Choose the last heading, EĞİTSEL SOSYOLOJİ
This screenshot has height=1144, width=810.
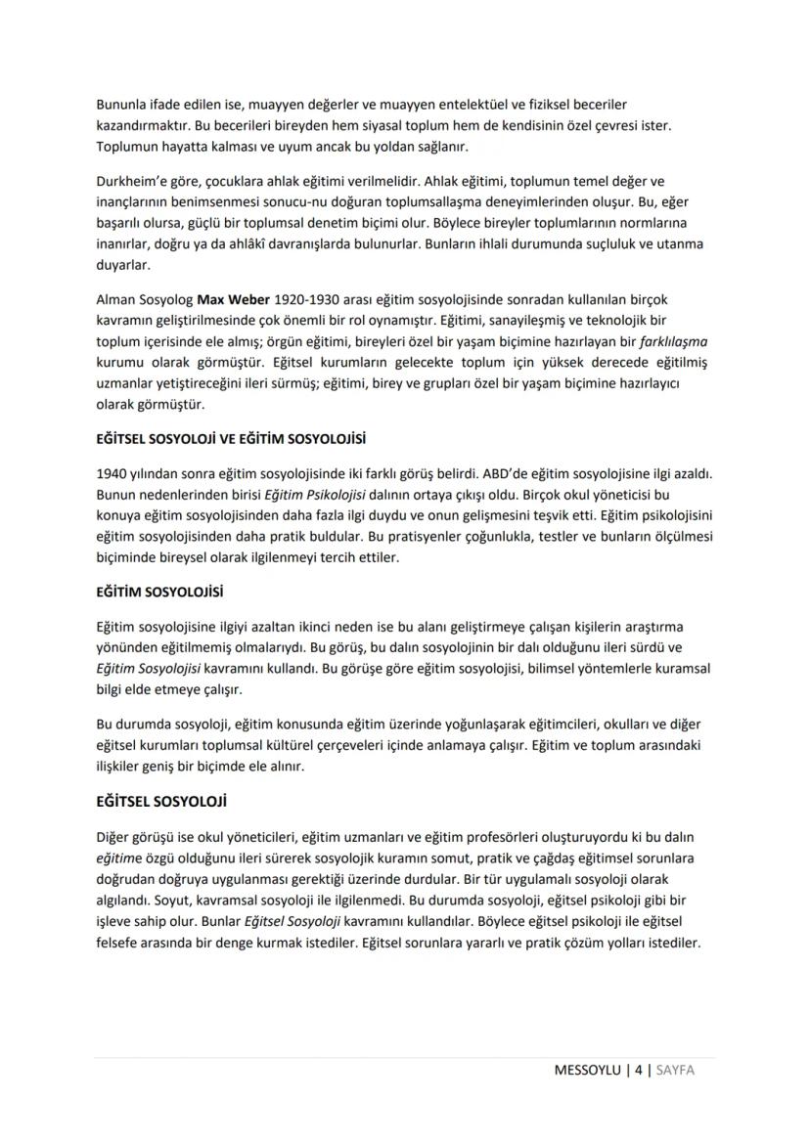pos(161,802)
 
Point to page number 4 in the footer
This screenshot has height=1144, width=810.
pos(640,1069)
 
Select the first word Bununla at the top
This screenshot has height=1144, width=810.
pos(122,104)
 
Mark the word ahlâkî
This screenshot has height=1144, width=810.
pos(263,243)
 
